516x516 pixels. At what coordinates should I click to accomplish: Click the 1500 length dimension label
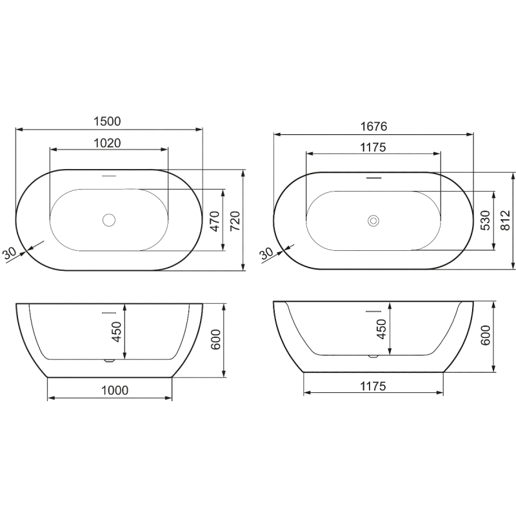(107, 121)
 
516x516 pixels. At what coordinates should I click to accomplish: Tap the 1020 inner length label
(107, 143)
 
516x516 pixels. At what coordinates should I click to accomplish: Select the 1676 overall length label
(373, 126)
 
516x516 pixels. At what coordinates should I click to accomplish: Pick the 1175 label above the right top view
(373, 148)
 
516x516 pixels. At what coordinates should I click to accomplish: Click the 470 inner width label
(215, 221)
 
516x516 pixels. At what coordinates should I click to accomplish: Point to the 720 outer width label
(235, 221)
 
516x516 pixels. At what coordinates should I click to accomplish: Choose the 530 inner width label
(486, 220)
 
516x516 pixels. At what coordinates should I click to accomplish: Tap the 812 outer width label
(505, 220)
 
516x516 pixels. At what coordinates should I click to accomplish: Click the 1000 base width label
(115, 390)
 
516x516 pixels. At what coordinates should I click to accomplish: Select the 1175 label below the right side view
(373, 386)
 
